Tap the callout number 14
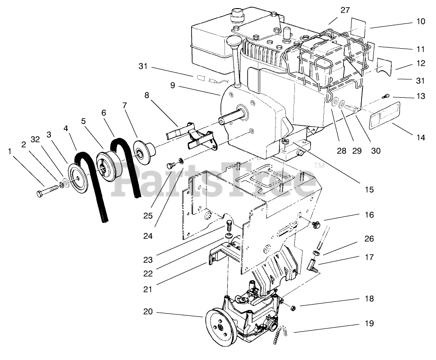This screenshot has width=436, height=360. (420, 138)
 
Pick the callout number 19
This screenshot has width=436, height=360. (369, 323)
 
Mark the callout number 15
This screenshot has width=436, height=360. (369, 190)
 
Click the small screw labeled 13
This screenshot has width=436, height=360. (386, 96)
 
